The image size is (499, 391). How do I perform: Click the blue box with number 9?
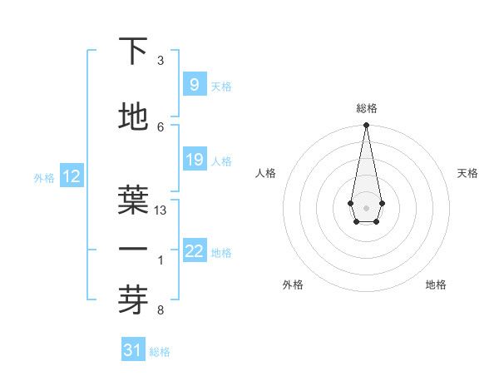[194, 85]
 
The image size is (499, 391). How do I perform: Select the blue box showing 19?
[194, 160]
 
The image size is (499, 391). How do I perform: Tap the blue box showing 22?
[194, 252]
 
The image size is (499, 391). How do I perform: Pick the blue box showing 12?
[71, 176]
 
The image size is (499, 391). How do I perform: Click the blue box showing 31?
[133, 350]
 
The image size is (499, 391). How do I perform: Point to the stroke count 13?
[161, 210]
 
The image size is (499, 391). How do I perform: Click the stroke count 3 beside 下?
[161, 61]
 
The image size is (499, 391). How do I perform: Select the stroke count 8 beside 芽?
[161, 311]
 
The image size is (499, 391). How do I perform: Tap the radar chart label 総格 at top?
[366, 108]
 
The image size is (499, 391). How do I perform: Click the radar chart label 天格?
[467, 173]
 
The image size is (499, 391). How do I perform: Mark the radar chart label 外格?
[293, 285]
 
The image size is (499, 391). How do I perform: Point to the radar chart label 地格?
[436, 285]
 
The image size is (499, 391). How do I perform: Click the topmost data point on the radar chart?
[366, 126]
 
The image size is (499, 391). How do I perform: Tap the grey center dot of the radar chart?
[366, 207]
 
